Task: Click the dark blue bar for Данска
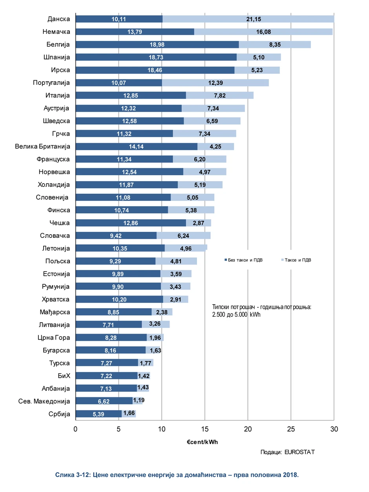[x=119, y=19]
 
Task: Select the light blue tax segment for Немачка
[x=263, y=32]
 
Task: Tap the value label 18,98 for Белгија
[x=157, y=44]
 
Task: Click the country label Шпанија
[x=57, y=57]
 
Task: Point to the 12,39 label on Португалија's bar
[x=216, y=83]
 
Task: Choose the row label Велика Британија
[x=42, y=146]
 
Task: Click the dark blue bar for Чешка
[x=130, y=223]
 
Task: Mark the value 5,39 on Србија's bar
[x=99, y=414]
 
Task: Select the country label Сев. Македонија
[x=44, y=401]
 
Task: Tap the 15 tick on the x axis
[x=205, y=429]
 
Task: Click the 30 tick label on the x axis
[x=334, y=429]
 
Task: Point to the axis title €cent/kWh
[x=202, y=442]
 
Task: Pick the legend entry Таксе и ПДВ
[x=296, y=260]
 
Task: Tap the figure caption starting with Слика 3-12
[x=177, y=475]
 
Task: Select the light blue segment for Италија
[x=220, y=95]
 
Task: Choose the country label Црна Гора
[x=54, y=337]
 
